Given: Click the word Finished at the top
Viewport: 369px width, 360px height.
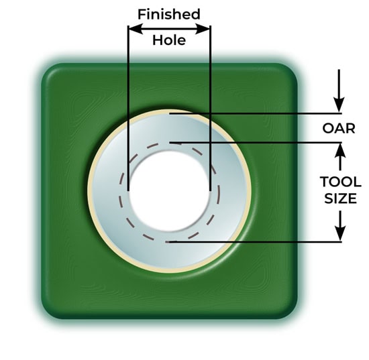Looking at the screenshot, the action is [169, 14].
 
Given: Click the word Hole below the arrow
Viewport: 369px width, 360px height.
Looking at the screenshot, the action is [169, 40].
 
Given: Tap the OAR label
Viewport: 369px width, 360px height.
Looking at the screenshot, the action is [339, 129].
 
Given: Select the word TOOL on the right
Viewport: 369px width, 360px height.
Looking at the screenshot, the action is [341, 182].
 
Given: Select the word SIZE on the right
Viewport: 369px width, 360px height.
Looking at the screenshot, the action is [340, 198].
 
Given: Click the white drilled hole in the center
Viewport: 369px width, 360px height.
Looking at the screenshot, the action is [169, 191].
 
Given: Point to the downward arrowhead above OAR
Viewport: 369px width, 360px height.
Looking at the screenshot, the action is [339, 105].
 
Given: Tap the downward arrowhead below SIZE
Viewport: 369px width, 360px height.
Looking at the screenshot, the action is [340, 233].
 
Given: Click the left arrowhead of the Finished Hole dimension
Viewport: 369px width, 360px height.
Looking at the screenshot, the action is [136, 29].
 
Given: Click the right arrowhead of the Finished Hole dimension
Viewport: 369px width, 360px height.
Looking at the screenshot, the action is [203, 29].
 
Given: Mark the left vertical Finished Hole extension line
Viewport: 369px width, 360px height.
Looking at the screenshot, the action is [128, 108].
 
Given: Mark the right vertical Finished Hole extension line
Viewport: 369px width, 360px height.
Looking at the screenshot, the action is [210, 108].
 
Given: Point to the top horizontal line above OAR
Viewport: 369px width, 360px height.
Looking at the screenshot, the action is [256, 113].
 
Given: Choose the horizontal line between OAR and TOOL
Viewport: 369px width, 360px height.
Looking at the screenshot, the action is [256, 142].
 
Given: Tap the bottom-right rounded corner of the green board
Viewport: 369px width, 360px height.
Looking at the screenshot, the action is [290, 312].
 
